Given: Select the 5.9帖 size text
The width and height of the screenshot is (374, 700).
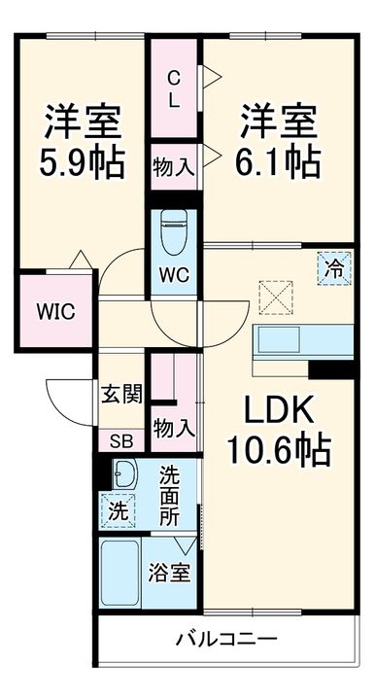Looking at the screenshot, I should pos(83,161).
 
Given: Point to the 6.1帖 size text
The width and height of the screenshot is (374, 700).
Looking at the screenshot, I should pos(278,161).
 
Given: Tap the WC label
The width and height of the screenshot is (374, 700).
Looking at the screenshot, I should pos(175,275).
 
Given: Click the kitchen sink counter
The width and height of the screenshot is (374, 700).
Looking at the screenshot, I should pos(301,342).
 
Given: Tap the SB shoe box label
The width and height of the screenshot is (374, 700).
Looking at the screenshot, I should pos(121,439).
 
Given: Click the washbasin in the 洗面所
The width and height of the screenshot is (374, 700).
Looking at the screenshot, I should pos(123,474).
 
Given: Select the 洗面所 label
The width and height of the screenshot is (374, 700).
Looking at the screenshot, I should pos(170,496).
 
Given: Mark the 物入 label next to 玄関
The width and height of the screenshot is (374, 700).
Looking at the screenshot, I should pos(175,425).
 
